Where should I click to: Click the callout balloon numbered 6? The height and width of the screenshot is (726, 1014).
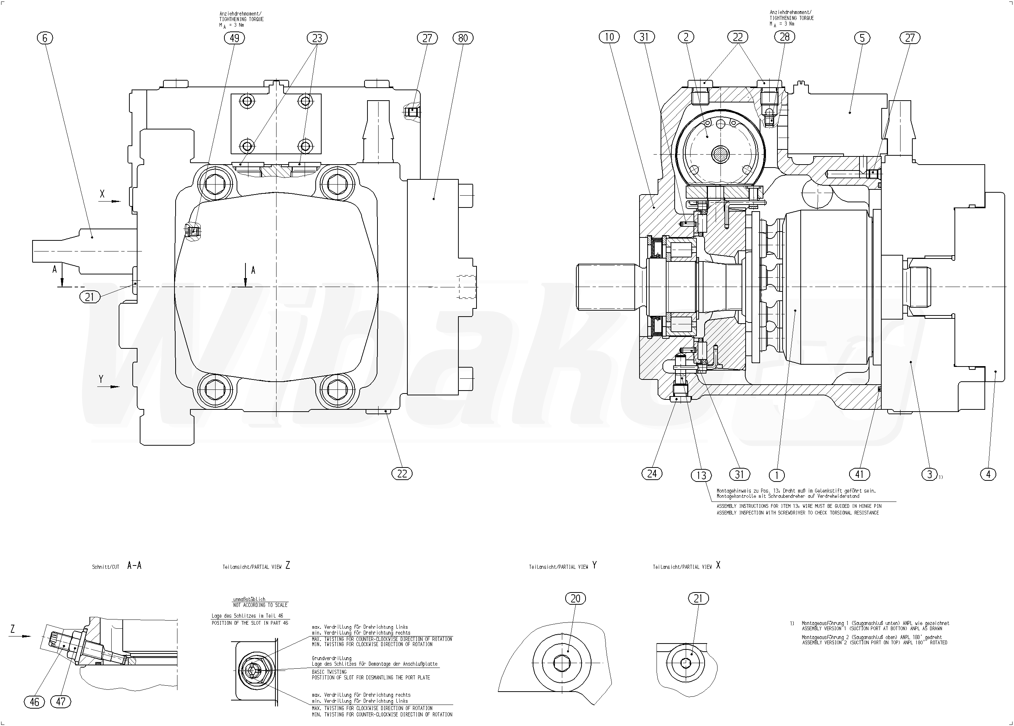click(x=45, y=38)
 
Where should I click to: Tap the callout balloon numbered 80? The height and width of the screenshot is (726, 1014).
click(x=463, y=38)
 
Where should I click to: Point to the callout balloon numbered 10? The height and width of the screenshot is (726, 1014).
click(x=610, y=37)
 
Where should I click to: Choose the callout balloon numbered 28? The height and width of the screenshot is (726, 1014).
click(x=785, y=37)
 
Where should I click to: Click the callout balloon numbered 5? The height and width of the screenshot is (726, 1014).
click(x=862, y=38)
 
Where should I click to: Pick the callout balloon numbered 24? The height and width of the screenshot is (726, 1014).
click(x=652, y=473)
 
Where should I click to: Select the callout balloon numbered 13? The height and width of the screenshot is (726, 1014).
click(x=701, y=475)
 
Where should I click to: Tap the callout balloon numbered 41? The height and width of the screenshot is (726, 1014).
click(x=859, y=474)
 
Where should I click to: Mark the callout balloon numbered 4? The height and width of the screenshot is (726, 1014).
click(x=988, y=474)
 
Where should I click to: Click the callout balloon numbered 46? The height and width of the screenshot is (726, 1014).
click(x=34, y=702)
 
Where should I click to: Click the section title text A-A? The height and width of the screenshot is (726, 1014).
click(x=134, y=566)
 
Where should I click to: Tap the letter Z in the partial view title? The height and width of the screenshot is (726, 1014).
click(x=287, y=565)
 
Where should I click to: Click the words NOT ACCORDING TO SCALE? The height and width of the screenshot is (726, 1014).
click(x=261, y=605)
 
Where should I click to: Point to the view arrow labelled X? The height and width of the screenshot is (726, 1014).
click(x=109, y=201)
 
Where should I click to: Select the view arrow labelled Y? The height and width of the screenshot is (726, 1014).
click(x=109, y=386)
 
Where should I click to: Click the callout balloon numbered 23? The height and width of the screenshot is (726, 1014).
click(x=317, y=38)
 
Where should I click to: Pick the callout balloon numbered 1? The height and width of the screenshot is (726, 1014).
click(x=777, y=475)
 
